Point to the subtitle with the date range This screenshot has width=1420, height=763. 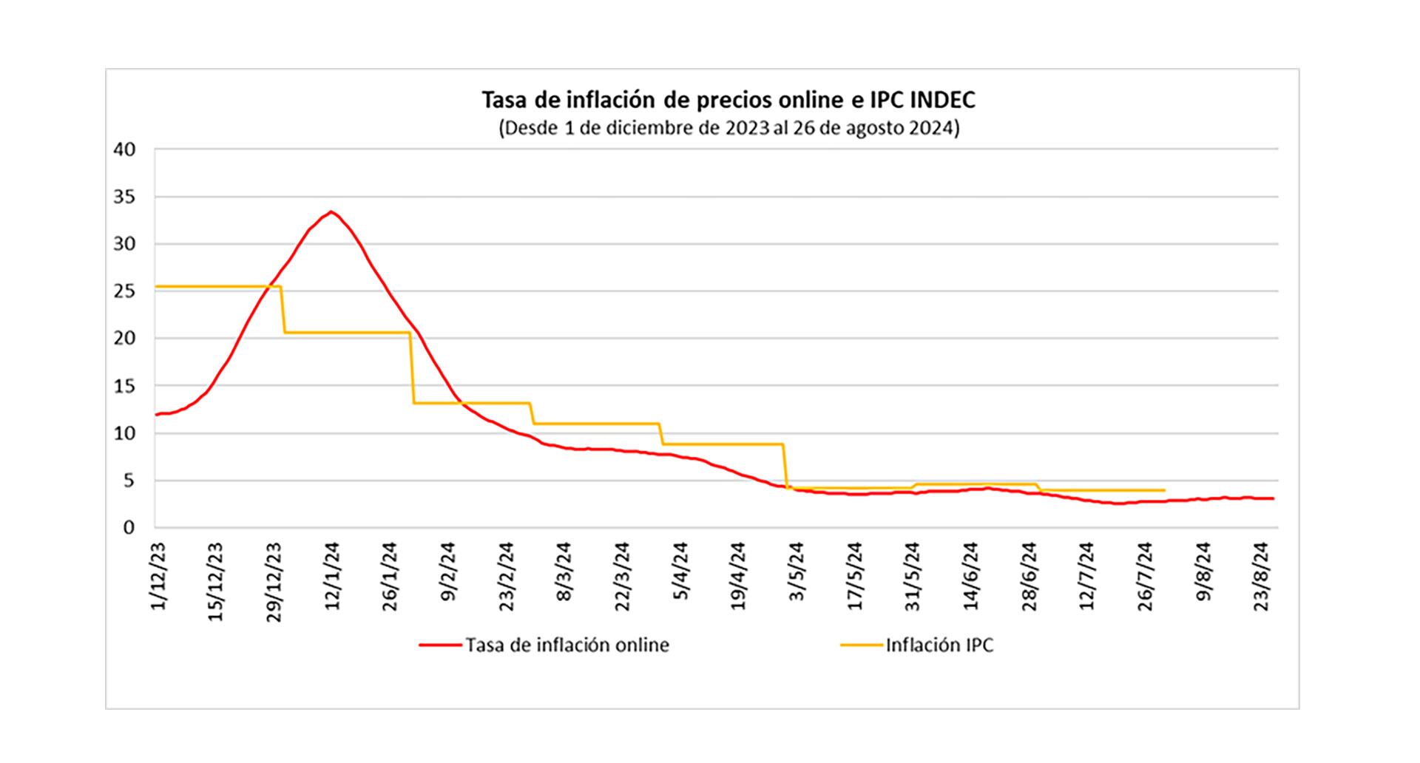pos(729,129)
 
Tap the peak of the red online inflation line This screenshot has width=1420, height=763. pos(331,212)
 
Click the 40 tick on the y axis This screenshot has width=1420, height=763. pos(125,149)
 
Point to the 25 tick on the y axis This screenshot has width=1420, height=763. pos(125,291)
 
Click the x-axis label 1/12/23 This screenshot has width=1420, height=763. pos(158,577)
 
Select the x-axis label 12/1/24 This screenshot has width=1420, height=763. pos(332,577)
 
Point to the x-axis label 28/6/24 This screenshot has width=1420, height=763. pos(1029,577)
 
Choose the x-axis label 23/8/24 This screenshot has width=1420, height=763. pos(1261,577)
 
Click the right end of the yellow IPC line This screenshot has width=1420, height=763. pos(1164,490)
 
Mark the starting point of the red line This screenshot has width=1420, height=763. pos(156,415)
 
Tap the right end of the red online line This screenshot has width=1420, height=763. pos(1272,499)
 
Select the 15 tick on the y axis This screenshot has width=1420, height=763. pos(125,386)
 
